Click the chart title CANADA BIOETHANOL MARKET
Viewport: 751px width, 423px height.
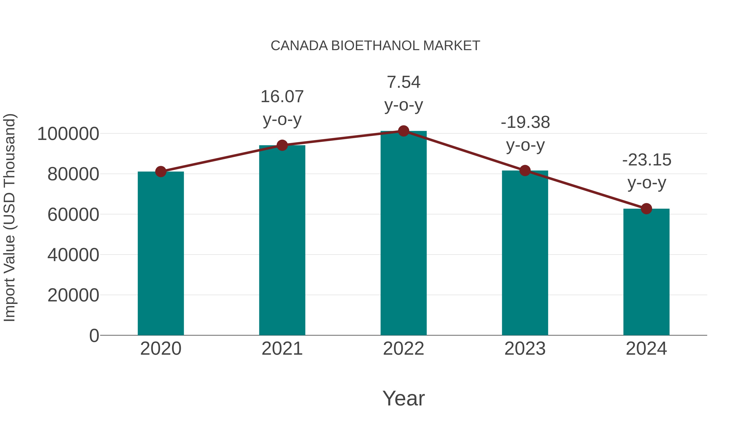(375, 46)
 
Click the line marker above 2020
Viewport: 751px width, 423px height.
(161, 172)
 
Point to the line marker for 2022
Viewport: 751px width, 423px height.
(403, 131)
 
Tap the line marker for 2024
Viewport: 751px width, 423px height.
(646, 209)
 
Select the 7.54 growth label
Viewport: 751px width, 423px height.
(403, 93)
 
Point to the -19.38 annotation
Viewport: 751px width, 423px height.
(525, 133)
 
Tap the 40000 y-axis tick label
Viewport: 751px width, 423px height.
(73, 255)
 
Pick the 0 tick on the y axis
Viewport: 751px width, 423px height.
(94, 335)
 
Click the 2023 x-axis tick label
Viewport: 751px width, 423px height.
(525, 349)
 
